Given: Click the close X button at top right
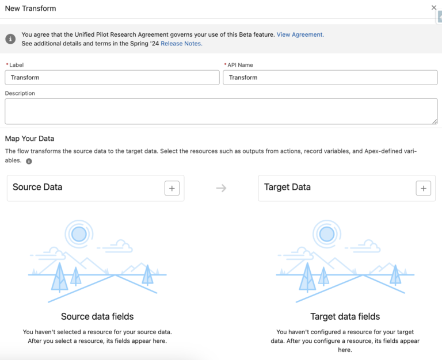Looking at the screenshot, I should click(434, 8).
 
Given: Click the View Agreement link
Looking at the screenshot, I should click(300, 35).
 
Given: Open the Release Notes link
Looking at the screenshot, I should click(181, 44).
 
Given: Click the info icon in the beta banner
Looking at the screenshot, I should click(10, 39).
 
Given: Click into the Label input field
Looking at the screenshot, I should click(112, 78).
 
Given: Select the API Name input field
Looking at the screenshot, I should click(330, 78).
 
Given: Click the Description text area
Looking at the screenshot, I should click(221, 111).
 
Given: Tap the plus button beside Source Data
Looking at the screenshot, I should click(172, 188).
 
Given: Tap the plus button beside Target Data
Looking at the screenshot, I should click(423, 188).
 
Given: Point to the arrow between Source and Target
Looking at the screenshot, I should click(221, 188).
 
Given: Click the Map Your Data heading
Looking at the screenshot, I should click(29, 139).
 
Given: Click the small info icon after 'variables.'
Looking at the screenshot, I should click(29, 161).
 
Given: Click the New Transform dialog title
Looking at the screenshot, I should click(31, 9).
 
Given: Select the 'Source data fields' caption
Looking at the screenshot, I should click(97, 316).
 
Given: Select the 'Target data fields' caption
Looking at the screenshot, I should click(345, 316).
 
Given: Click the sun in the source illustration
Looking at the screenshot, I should click(79, 233).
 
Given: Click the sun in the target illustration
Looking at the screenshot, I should click(326, 233).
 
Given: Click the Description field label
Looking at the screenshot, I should click(20, 93).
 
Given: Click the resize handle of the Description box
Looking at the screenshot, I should click(435, 121).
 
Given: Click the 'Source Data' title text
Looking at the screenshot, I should click(37, 187).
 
